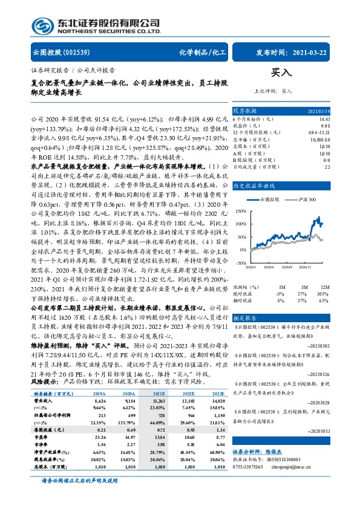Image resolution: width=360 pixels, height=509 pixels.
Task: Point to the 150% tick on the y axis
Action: tap(240, 210)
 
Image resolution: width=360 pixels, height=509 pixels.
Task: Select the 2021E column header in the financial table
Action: tap(158, 409)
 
